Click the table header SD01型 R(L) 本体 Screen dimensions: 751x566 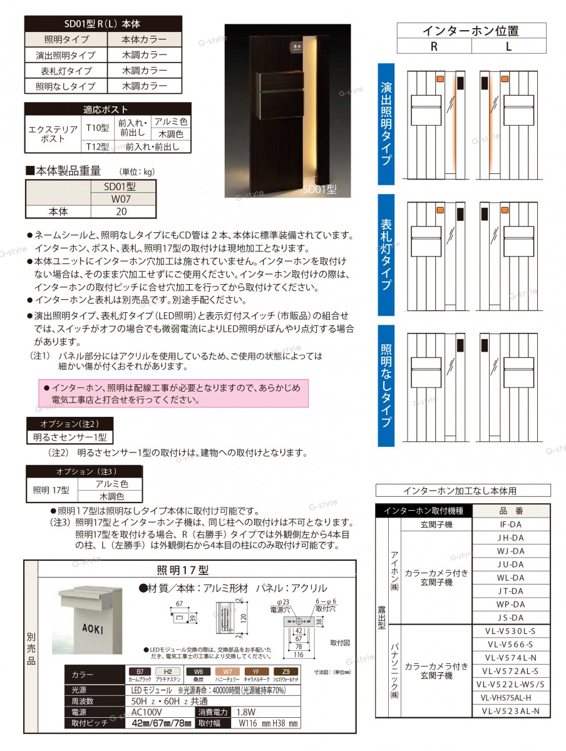point(103,24)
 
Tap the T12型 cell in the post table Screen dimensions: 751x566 point(96,147)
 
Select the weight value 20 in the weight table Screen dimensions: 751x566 point(121,212)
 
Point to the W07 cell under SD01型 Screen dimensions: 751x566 point(121,199)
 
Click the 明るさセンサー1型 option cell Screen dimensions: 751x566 point(69,436)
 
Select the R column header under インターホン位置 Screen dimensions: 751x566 point(434,46)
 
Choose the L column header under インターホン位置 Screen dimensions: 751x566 point(508,46)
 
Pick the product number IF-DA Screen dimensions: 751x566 point(511,524)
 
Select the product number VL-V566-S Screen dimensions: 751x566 point(511,644)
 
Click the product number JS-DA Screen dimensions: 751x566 point(511,617)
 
